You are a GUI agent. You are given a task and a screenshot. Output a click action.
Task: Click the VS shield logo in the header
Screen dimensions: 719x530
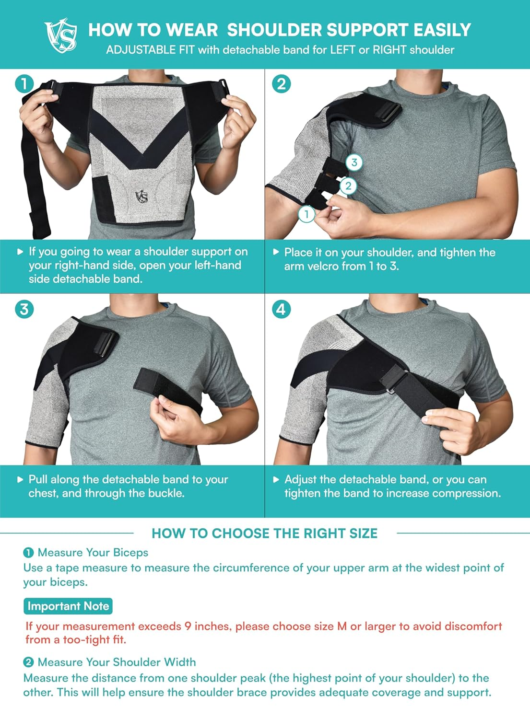[61, 35]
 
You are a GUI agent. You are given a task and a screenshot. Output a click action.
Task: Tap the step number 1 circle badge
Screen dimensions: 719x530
[24, 84]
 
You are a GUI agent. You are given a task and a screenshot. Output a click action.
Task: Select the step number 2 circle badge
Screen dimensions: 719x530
[281, 84]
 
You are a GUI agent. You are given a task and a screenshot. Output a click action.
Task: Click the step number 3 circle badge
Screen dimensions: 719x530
[24, 309]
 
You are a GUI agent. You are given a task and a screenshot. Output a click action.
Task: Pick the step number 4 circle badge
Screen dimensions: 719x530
[281, 309]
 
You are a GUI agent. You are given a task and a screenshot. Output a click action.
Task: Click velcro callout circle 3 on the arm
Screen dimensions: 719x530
[354, 162]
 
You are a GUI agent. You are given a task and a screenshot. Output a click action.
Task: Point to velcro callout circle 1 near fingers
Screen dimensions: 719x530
[306, 214]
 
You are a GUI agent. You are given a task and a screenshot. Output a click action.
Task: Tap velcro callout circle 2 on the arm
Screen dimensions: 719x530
[349, 186]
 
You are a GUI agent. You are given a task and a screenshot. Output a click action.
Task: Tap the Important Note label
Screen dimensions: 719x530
[68, 606]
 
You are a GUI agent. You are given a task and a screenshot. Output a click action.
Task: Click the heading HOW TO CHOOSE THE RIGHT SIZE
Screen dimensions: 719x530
[264, 533]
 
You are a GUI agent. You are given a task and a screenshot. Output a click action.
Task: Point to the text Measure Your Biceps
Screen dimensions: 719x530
[93, 553]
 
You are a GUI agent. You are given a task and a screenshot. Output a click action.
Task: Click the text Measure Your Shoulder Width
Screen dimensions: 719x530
[117, 662]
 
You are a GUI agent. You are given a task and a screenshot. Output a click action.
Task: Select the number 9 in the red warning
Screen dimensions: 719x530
[188, 626]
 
